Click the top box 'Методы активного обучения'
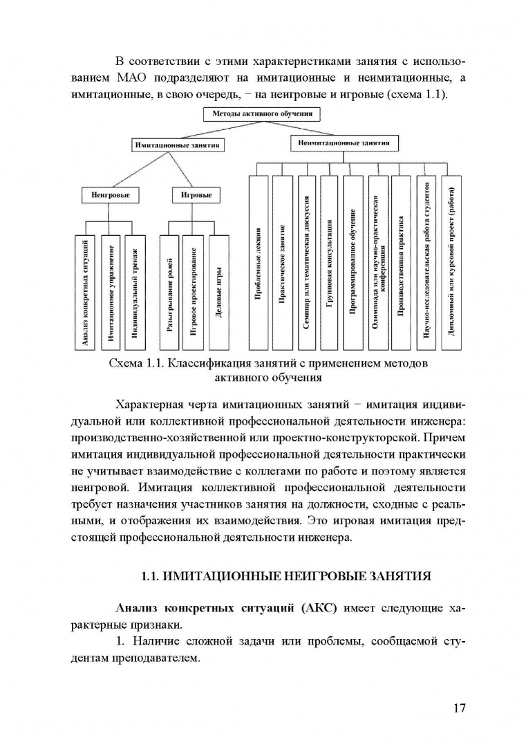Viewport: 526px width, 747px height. pos(262,113)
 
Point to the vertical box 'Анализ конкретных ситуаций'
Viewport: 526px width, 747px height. pos(84,291)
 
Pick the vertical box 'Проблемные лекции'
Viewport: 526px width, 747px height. pos(258,263)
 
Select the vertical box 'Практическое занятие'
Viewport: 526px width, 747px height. pos(282,263)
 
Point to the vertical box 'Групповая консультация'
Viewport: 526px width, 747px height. pos(330,263)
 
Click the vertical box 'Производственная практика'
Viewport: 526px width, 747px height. pos(401,263)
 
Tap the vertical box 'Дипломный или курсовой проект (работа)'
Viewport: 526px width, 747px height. pos(451,263)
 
